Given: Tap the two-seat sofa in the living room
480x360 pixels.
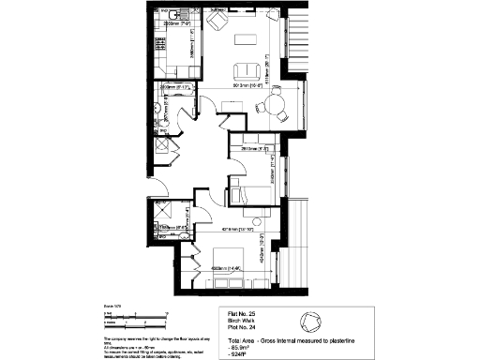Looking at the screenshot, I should (x=248, y=71).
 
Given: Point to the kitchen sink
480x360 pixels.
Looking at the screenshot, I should (x=161, y=19).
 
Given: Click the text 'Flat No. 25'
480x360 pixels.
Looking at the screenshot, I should (x=243, y=314).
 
